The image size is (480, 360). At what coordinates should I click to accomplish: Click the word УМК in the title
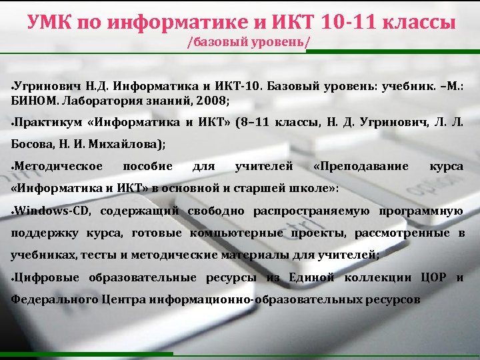coord(52,23)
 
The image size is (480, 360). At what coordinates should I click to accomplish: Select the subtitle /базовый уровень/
coord(249,45)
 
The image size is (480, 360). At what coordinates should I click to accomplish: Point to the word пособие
coord(148,165)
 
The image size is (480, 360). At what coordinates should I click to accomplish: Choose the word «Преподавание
coord(361,165)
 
